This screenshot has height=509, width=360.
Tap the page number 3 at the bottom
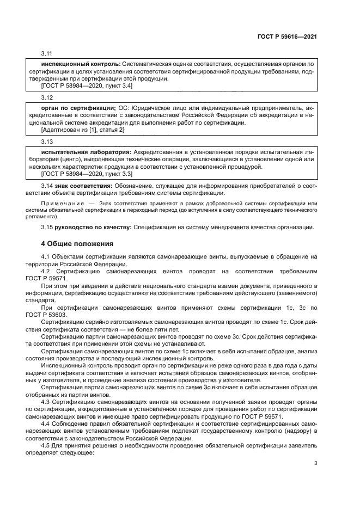(315, 463)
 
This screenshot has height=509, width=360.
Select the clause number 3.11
(46, 54)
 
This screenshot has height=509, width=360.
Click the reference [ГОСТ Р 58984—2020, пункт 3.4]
(87, 86)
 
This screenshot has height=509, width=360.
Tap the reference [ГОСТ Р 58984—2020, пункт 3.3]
(87, 174)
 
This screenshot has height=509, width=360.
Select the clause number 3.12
(46, 99)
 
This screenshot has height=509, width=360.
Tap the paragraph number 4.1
(46, 256)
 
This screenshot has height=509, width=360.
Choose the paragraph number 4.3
(46, 402)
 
